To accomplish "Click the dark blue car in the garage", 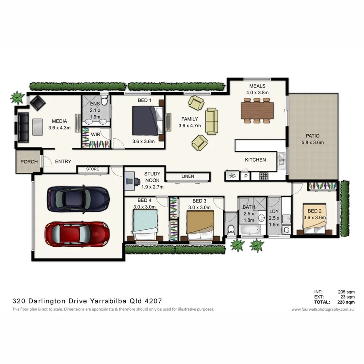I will pos(78,198).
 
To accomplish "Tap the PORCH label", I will pos(29,162).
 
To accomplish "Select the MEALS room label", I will pos(257,86).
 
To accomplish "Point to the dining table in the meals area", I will pos(257,110).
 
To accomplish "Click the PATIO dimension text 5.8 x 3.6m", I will pos(312,142).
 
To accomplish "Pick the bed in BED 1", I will pos(147,121).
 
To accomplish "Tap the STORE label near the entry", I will pos(93,169).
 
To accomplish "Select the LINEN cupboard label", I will pos(188,176).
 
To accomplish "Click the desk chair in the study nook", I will pos(130,180).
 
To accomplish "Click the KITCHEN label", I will pos(255,160).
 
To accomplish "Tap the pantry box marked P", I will pos(245,176).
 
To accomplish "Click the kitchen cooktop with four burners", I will pos(263,176).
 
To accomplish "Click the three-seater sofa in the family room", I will pos(212,121).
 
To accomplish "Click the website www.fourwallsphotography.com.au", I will pos(323,309).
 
